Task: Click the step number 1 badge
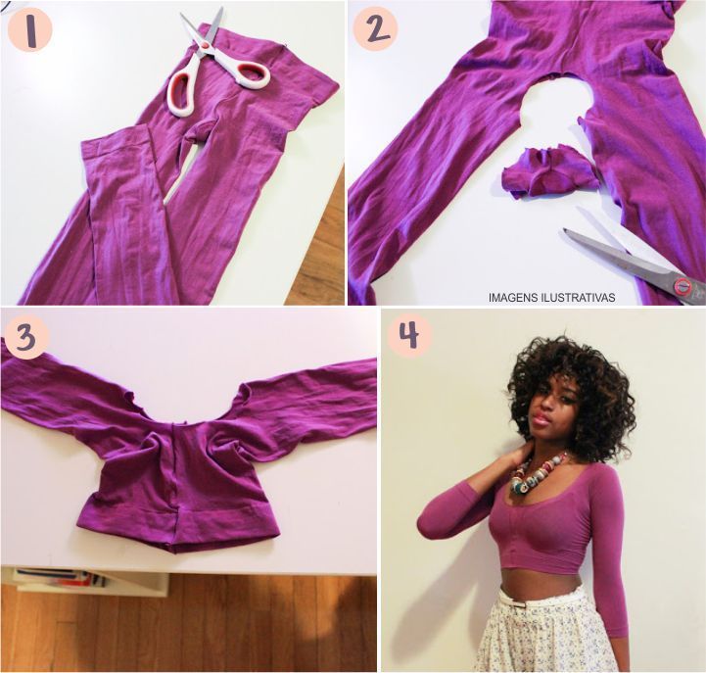coord(30,30)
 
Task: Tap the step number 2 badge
coord(375,28)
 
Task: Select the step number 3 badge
coord(26,337)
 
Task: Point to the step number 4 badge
coord(409,334)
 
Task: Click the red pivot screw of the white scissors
coord(206,45)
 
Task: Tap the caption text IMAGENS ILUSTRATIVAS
coord(551,297)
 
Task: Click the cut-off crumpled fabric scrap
coord(550,169)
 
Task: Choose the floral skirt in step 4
coord(549,630)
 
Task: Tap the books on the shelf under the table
coord(61,578)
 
